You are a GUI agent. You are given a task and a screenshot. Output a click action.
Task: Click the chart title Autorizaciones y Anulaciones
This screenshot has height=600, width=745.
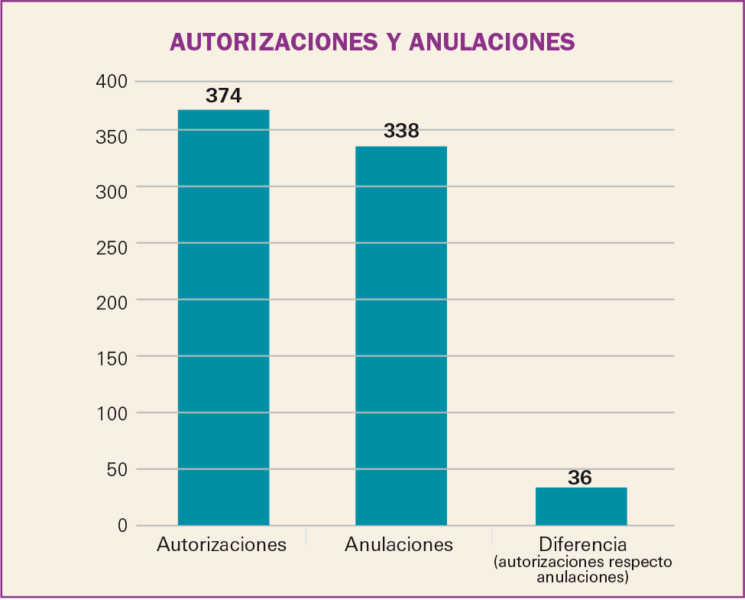pyautogui.click(x=372, y=41)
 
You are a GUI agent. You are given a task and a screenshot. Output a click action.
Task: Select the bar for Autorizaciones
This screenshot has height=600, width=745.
pyautogui.click(x=223, y=317)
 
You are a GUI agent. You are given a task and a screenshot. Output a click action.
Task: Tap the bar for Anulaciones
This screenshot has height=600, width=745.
pyautogui.click(x=401, y=336)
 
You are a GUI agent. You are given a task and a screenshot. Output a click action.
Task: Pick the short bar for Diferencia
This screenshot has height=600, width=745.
pyautogui.click(x=581, y=506)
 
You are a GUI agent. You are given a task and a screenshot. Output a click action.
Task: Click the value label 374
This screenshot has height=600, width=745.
pyautogui.click(x=223, y=96)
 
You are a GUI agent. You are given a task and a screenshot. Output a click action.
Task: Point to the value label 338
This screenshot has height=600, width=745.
pyautogui.click(x=401, y=131)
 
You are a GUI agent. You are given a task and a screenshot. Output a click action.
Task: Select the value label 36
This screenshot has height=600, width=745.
pyautogui.click(x=580, y=478)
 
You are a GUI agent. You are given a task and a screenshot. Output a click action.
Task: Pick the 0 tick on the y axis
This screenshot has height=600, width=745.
pyautogui.click(x=121, y=525)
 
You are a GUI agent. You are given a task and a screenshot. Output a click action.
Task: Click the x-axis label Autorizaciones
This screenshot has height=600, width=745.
pyautogui.click(x=222, y=545)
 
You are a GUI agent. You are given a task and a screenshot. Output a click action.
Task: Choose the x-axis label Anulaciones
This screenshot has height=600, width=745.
pyautogui.click(x=399, y=545)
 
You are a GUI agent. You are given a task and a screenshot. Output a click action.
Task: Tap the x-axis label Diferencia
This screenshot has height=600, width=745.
pyautogui.click(x=582, y=545)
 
